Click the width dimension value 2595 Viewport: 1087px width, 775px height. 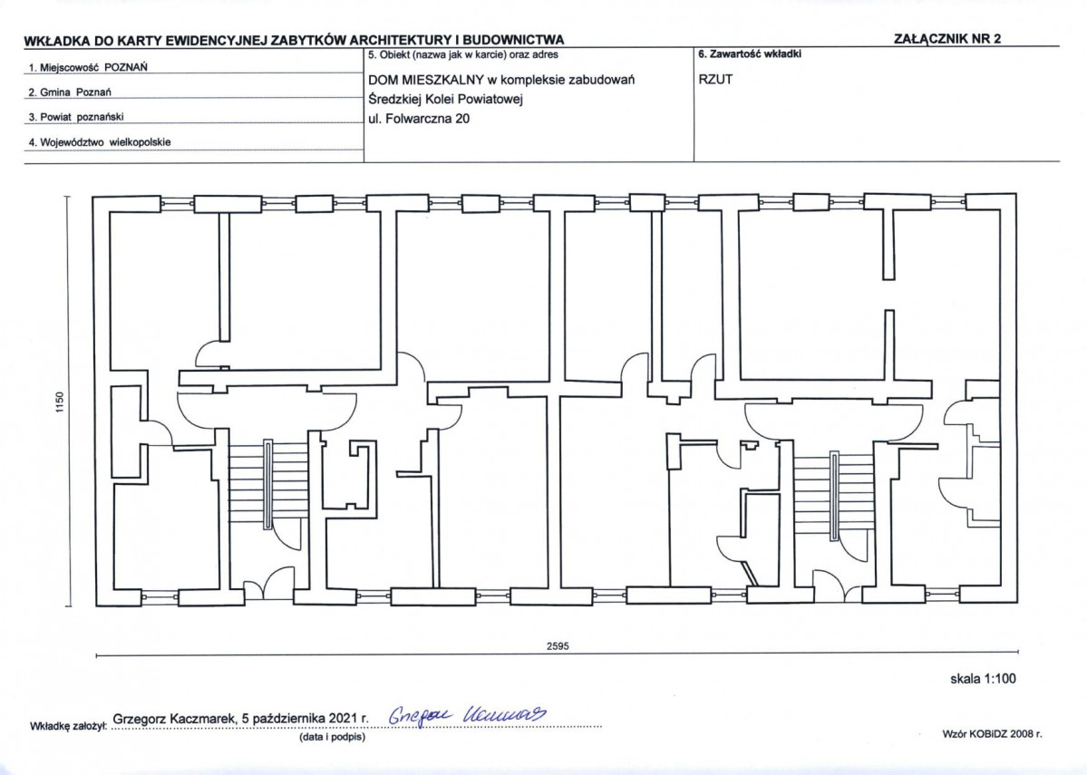pyautogui.click(x=558, y=646)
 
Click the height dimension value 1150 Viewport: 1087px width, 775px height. pyautogui.click(x=59, y=402)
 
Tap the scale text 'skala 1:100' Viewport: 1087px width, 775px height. pyautogui.click(x=983, y=679)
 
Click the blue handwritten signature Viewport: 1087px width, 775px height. pyautogui.click(x=467, y=714)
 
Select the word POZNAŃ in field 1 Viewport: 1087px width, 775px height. pyautogui.click(x=125, y=67)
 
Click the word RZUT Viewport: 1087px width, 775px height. pyautogui.click(x=715, y=79)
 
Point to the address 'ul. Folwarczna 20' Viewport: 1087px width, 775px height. pyautogui.click(x=419, y=119)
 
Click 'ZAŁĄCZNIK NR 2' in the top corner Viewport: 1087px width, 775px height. pyautogui.click(x=947, y=39)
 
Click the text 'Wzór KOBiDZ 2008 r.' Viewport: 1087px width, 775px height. pyautogui.click(x=992, y=733)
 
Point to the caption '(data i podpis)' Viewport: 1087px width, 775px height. pyautogui.click(x=332, y=737)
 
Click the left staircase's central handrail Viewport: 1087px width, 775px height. pyautogui.click(x=268, y=484)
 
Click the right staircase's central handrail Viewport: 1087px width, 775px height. pyautogui.click(x=835, y=494)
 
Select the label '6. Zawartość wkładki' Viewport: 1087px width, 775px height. pyautogui.click(x=750, y=53)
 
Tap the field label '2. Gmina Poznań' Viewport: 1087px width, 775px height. pyautogui.click(x=70, y=92)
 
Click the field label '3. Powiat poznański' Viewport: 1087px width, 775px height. pyautogui.click(x=76, y=117)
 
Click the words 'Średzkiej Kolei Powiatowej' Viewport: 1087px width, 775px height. pyautogui.click(x=446, y=99)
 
